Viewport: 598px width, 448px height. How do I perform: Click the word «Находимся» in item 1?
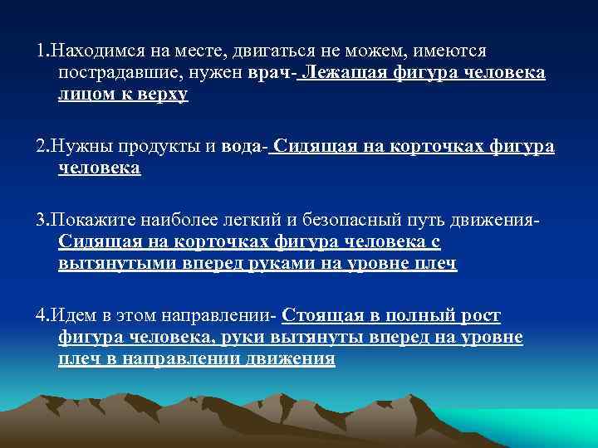94,51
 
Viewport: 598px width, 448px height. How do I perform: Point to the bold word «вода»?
241,148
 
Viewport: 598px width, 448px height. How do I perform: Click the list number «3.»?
42,222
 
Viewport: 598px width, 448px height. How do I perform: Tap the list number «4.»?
42,316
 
